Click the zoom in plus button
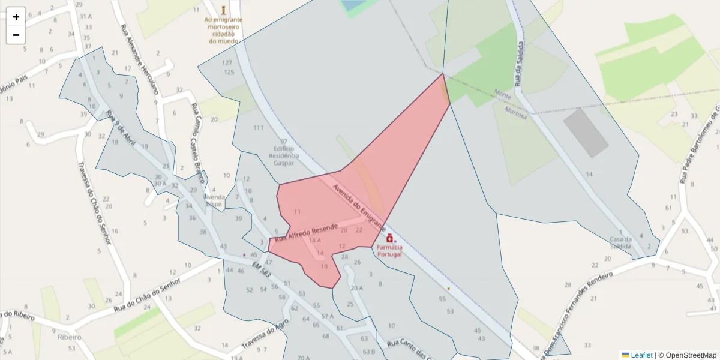[16, 17]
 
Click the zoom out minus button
[16, 35]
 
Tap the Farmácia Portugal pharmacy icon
[389, 238]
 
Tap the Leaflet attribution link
[641, 355]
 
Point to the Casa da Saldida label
[620, 242]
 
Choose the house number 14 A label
[315, 241]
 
